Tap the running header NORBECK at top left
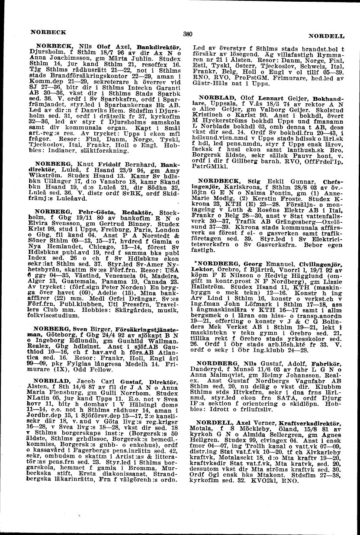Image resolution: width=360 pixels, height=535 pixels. (48, 32)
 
